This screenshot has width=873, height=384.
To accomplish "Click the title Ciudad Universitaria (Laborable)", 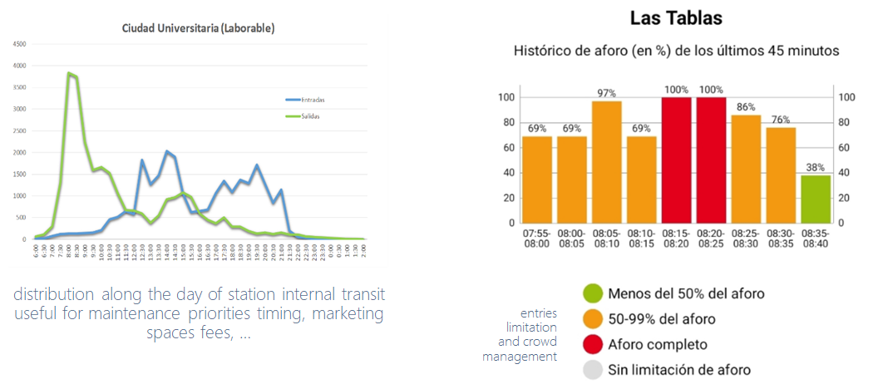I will [198, 28].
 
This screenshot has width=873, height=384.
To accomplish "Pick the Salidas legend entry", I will [304, 116].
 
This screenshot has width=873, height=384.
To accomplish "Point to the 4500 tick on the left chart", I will [18, 44].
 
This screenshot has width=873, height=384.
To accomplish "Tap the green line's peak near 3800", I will [70, 73].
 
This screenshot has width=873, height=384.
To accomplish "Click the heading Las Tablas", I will [674, 18].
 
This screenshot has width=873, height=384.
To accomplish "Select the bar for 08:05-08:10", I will [607, 161].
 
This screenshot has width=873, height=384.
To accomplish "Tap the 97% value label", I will [607, 92].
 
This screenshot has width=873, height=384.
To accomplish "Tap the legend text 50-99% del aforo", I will [662, 318].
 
